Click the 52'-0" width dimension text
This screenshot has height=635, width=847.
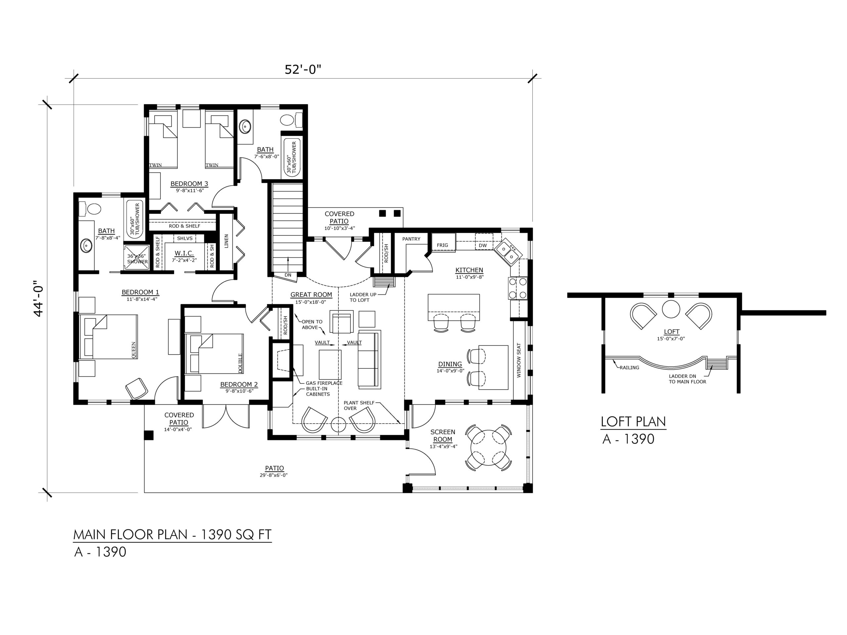pyautogui.click(x=302, y=70)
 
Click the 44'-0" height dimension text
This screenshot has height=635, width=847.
pyautogui.click(x=39, y=297)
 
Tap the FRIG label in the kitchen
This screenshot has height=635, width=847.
pyautogui.click(x=442, y=245)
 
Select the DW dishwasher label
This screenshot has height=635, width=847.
pyautogui.click(x=483, y=245)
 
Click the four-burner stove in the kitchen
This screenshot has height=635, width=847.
pyautogui.click(x=517, y=288)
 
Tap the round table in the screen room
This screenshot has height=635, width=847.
pyautogui.click(x=489, y=446)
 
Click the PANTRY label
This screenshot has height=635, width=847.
pyautogui.click(x=411, y=239)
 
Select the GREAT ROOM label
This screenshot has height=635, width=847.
pyautogui.click(x=311, y=295)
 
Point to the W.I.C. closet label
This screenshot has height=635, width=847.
pyautogui.click(x=184, y=253)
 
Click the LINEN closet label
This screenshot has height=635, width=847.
pyautogui.click(x=226, y=241)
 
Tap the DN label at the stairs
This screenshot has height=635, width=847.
pyautogui.click(x=288, y=275)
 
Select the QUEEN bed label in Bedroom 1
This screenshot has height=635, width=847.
pyautogui.click(x=134, y=350)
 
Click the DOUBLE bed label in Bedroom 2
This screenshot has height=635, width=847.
pyautogui.click(x=240, y=363)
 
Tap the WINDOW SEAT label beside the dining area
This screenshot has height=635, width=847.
pyautogui.click(x=519, y=360)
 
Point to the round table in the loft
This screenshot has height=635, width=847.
pyautogui.click(x=671, y=309)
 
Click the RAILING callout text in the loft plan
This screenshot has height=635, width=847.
pyautogui.click(x=630, y=367)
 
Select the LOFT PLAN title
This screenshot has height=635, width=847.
pyautogui.click(x=633, y=421)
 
